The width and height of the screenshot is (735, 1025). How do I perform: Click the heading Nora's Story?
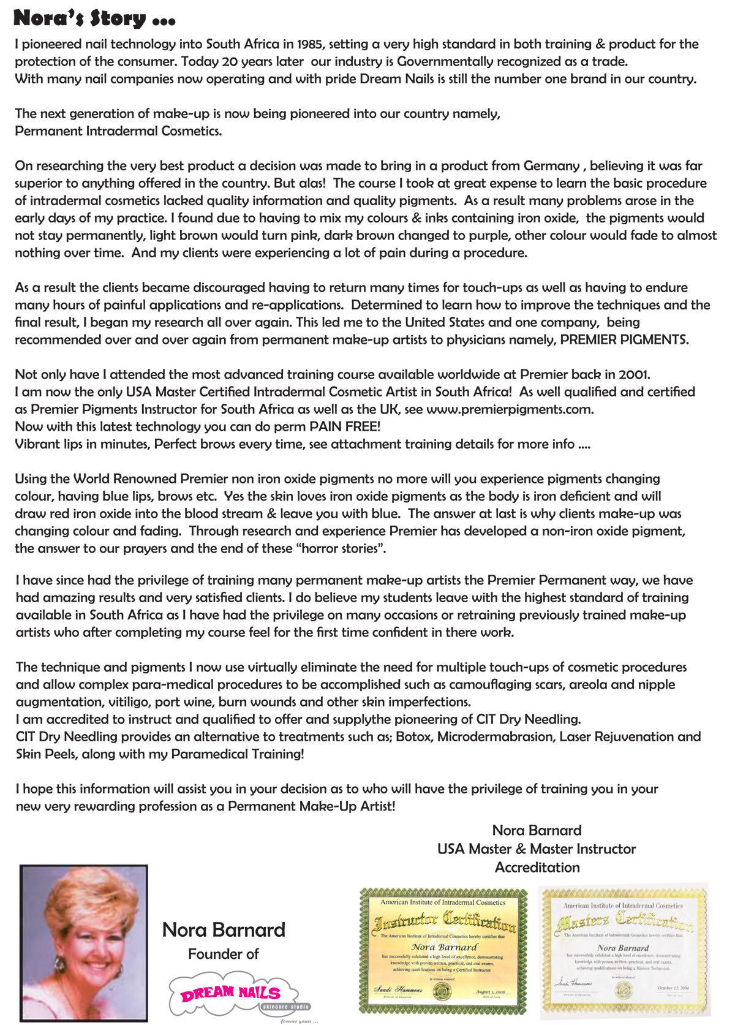pyautogui.click(x=94, y=18)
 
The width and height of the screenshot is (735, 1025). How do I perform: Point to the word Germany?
pyautogui.click(x=551, y=166)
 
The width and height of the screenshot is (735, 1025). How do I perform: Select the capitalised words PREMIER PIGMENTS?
pyautogui.click(x=624, y=339)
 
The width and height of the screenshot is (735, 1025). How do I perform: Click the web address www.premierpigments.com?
pyautogui.click(x=509, y=409)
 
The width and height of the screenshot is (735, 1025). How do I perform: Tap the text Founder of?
pyautogui.click(x=223, y=954)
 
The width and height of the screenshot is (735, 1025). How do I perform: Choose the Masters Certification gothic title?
pyautogui.click(x=624, y=921)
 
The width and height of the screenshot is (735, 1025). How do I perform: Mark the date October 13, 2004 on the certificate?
pyautogui.click(x=673, y=988)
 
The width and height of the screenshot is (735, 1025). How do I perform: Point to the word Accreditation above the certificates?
pyautogui.click(x=537, y=868)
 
